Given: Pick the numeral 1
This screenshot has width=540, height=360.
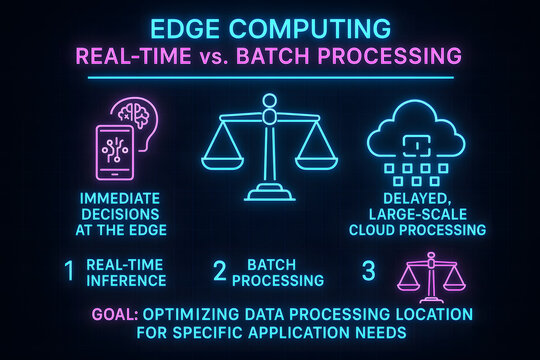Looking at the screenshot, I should click(69, 271).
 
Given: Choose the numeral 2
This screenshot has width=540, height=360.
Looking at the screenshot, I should click(221, 271).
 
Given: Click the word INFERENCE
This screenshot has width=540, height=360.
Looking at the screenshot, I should click(125, 280).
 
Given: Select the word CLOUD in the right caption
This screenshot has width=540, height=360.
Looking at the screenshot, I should click(377, 229).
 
